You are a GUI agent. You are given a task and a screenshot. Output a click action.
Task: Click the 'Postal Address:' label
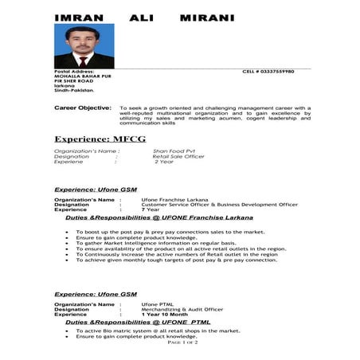point(74,72)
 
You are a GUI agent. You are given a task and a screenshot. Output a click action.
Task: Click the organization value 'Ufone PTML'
point(155,304)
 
